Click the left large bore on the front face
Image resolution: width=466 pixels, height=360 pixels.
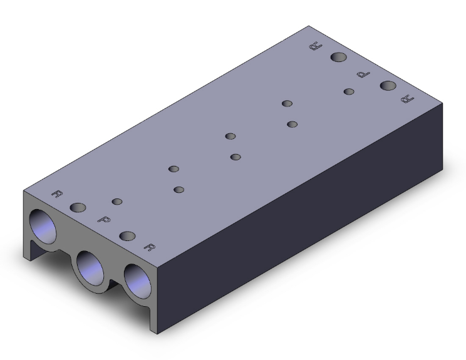click(43, 227)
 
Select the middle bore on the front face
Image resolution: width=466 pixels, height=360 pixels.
click(90, 268)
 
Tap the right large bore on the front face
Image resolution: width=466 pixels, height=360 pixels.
click(137, 281)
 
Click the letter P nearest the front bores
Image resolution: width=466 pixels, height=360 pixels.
click(104, 220)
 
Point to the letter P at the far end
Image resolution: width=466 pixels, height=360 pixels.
click(363, 75)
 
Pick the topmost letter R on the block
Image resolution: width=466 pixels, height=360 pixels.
click(316, 46)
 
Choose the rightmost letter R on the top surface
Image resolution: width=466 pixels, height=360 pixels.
click(408, 99)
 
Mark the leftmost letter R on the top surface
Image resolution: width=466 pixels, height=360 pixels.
click(57, 193)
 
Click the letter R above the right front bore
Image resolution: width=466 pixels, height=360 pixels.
click(150, 247)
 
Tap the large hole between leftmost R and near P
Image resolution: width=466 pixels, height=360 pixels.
click(78, 208)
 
